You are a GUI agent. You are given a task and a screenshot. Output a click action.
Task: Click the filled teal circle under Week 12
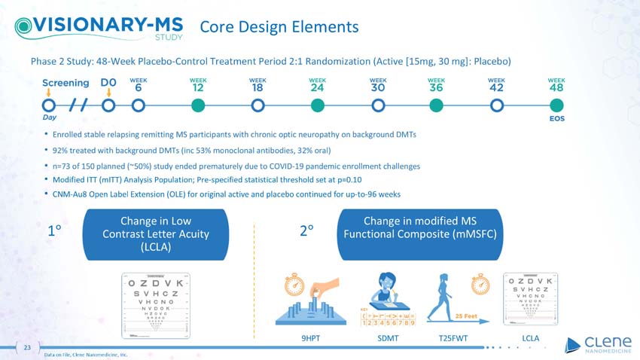coord(198,105)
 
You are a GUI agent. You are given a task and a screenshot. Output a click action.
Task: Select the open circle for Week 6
coord(139,105)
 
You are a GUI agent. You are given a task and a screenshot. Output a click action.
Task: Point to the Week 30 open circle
coord(377,105)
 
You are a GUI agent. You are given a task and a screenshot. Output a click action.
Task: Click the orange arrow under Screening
coord(48,94)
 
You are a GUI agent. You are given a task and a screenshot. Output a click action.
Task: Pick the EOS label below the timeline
coord(556,118)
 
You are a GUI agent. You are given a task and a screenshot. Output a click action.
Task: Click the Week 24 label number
coord(317,87)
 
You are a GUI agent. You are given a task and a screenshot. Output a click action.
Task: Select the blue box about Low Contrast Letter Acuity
coord(155,233)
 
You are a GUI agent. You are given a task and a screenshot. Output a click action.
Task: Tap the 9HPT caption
coord(310,339)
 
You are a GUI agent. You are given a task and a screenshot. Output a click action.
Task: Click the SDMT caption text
coord(388,339)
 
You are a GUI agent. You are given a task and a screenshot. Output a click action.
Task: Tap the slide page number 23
coord(26,348)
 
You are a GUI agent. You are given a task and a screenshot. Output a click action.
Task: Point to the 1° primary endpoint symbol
coord(54,232)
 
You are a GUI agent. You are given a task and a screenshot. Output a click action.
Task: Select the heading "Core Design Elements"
coord(279,27)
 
